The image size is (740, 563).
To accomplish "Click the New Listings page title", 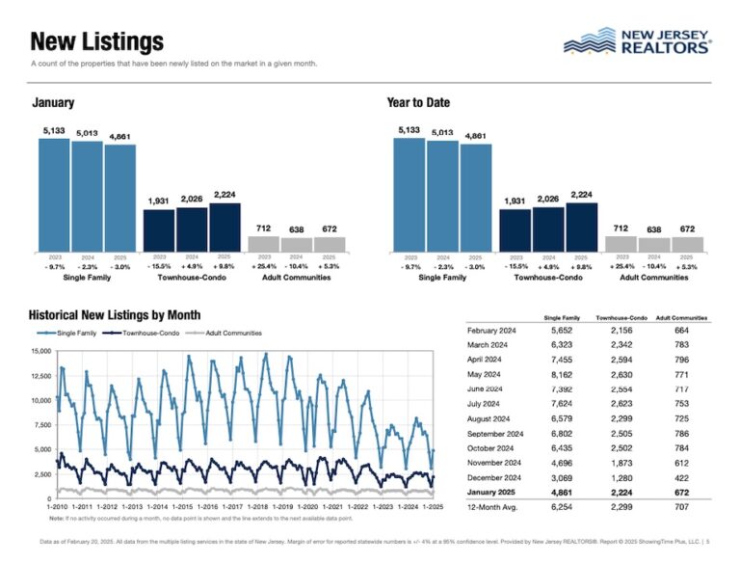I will (97, 42).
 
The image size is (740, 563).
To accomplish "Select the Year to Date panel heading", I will (418, 103).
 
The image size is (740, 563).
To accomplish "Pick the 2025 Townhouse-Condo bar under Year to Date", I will (581, 227).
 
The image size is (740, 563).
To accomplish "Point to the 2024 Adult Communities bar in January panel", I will (297, 243).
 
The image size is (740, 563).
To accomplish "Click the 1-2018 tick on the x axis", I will (257, 506).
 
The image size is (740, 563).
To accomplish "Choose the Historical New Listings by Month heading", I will (115, 315).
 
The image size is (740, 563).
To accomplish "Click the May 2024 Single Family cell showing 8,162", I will (561, 371).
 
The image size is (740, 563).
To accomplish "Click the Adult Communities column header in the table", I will (681, 317).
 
